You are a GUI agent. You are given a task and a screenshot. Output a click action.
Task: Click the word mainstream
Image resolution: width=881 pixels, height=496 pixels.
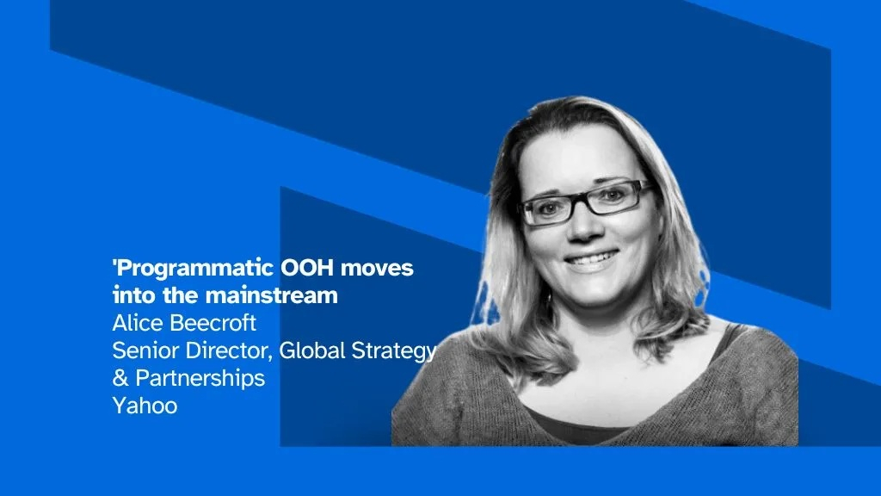click(270, 296)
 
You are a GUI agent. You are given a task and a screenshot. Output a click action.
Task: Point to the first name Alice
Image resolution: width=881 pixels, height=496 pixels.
click(135, 324)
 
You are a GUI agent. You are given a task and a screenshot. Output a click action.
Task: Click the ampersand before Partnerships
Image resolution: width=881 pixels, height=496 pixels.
click(119, 378)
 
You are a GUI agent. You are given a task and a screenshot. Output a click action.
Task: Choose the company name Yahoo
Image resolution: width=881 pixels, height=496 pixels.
click(145, 406)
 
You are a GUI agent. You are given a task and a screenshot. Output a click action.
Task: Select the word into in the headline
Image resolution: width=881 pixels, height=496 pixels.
click(132, 296)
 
